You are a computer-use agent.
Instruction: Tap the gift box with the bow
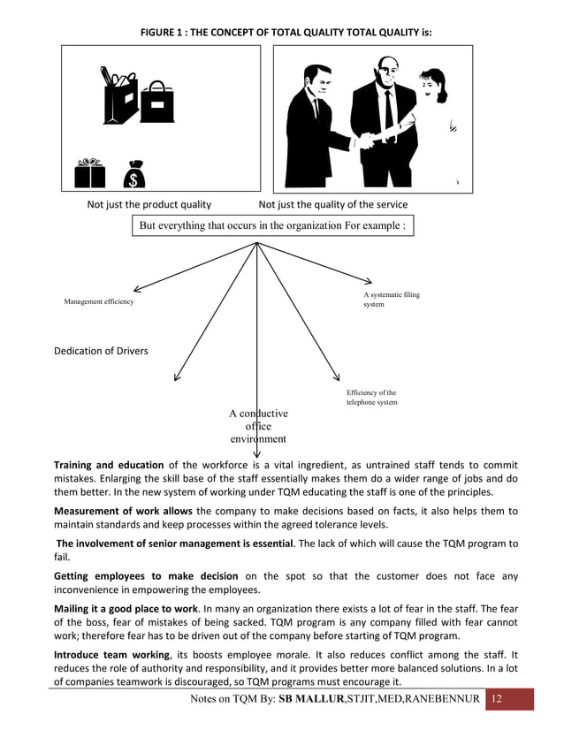89,173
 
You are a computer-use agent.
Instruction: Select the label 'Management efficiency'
99,302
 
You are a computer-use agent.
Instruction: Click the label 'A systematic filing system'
392,300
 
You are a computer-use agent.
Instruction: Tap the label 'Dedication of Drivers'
102,351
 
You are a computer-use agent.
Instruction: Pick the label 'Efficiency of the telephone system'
371,398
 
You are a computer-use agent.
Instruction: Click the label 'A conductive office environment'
258,426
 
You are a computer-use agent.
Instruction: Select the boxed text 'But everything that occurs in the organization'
272,225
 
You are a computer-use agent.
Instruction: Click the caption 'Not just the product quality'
149,205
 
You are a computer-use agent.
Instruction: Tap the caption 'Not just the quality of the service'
333,205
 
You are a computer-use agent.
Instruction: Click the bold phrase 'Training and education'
109,464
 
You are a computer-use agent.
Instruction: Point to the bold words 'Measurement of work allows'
122,511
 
